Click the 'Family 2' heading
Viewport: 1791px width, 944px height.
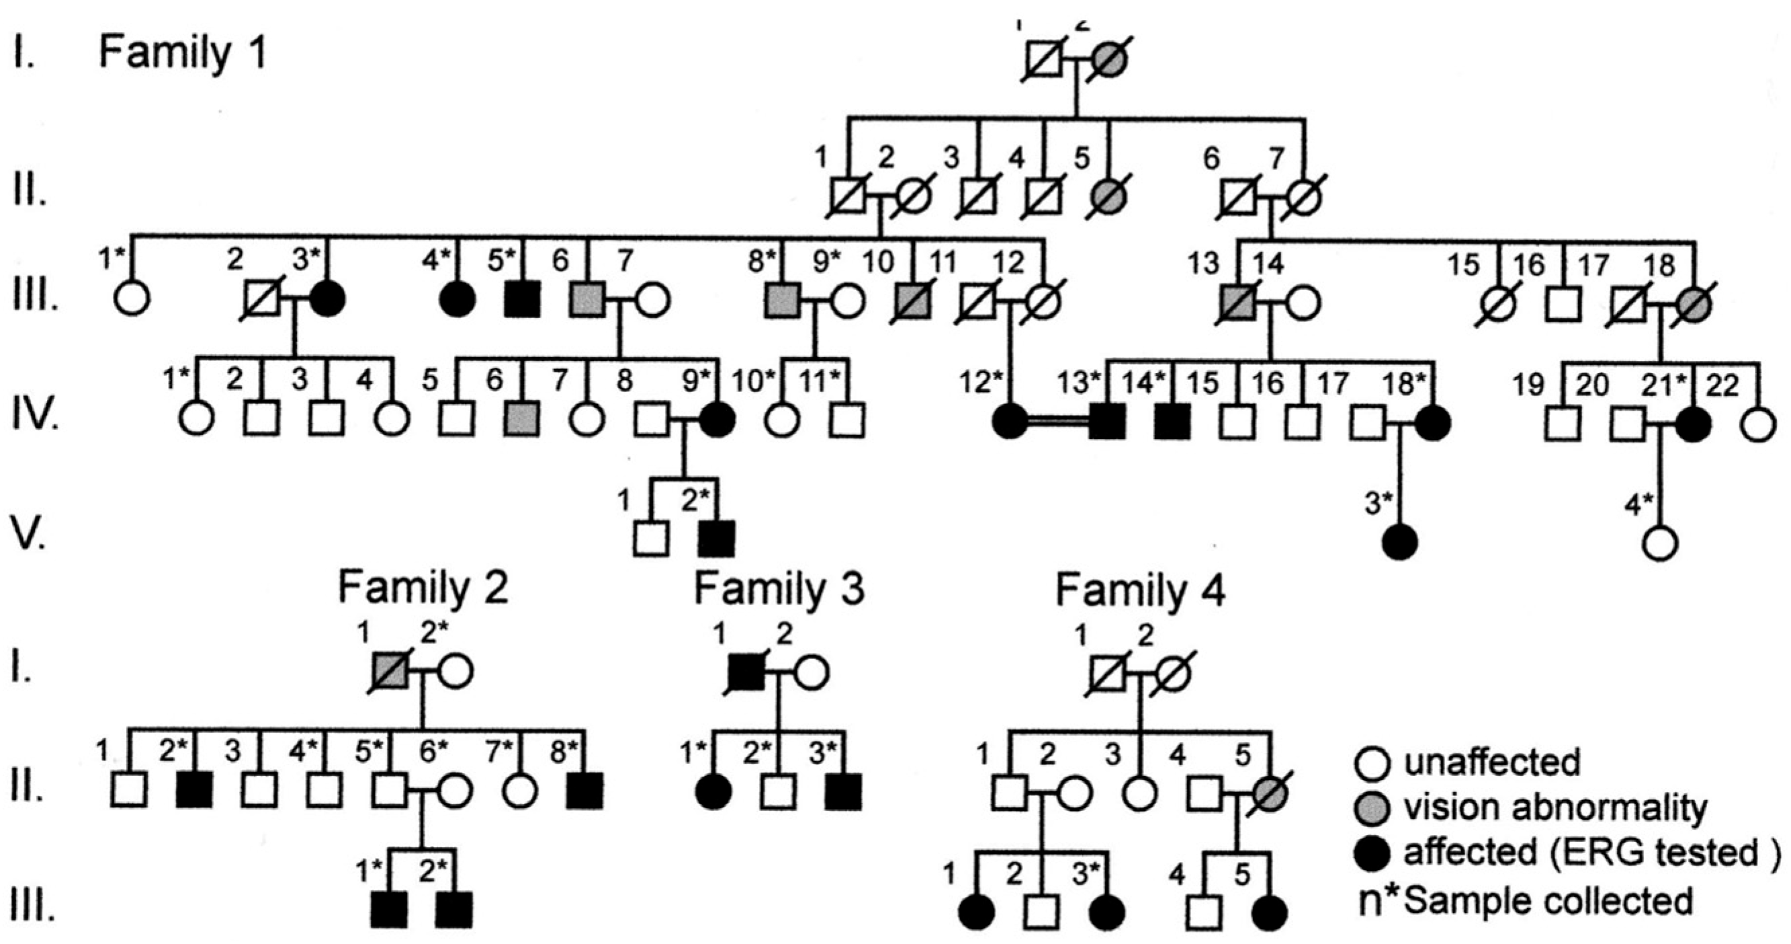coord(423,588)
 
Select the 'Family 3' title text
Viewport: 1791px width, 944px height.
coord(779,588)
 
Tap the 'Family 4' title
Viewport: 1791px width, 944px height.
coord(1140,590)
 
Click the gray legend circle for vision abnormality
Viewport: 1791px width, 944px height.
coord(1372,809)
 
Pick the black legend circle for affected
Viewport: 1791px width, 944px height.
coord(1372,853)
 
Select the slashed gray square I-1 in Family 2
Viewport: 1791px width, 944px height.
coord(391,672)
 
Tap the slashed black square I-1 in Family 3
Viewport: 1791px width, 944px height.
coord(746,672)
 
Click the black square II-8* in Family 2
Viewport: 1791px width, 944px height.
coord(584,791)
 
